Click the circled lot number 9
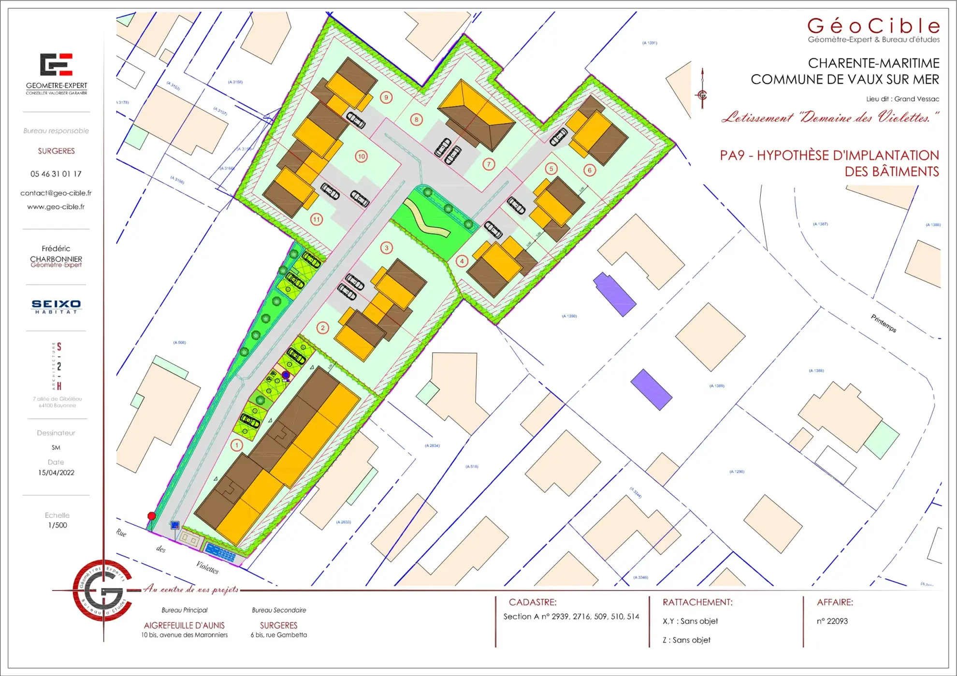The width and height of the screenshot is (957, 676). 386,98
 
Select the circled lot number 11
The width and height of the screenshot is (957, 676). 316,219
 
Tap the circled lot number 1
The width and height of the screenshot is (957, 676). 237,445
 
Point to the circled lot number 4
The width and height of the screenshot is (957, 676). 462,261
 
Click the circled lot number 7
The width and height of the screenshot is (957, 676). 489,164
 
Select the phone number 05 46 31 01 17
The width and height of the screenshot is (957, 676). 56,174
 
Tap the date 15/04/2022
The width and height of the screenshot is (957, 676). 56,473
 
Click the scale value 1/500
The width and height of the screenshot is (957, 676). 58,525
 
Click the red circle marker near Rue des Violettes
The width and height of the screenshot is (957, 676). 152,516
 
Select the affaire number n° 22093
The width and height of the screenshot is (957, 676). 832,621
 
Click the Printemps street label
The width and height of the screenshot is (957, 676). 884,323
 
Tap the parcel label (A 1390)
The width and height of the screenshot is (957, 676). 569,316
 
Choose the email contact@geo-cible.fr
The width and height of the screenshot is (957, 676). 56,193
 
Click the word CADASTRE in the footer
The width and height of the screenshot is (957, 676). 533,602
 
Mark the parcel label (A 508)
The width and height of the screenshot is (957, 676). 179,343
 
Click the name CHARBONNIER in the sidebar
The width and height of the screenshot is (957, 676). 56,259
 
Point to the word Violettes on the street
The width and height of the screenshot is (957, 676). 207,567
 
